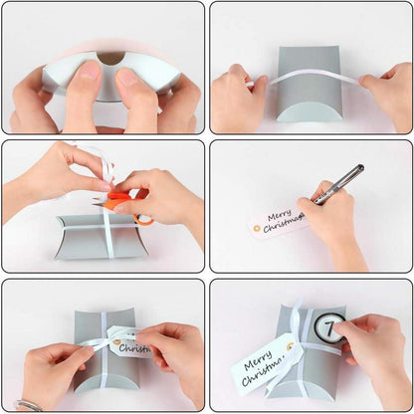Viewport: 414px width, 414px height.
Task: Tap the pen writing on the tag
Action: [337, 184]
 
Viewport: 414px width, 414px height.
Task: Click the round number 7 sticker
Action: [329, 325]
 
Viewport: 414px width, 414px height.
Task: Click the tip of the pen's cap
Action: [360, 167]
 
